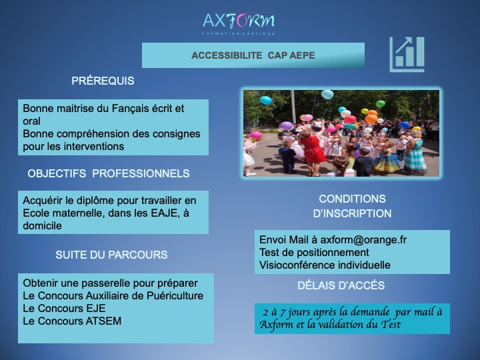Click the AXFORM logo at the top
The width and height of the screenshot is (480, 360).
point(239,23)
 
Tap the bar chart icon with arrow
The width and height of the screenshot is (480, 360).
point(407,55)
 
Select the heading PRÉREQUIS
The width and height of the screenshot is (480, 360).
point(103,81)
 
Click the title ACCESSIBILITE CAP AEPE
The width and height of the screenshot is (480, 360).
point(253,55)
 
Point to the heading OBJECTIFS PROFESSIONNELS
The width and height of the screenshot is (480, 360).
point(109,173)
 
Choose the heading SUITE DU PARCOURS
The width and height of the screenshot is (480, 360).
point(111,255)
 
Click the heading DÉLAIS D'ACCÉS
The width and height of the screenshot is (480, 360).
point(341,285)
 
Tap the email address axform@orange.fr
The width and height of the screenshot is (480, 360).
point(363,240)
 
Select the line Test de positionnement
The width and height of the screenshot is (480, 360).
point(314,253)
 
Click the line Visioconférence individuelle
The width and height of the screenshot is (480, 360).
point(325,265)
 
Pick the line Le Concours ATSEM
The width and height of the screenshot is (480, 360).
point(72,321)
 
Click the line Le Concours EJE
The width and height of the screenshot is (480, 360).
point(64,308)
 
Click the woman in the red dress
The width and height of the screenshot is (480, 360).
point(312,150)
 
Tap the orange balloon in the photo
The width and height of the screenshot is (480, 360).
point(371,119)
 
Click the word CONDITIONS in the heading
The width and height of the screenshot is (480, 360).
point(353,199)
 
